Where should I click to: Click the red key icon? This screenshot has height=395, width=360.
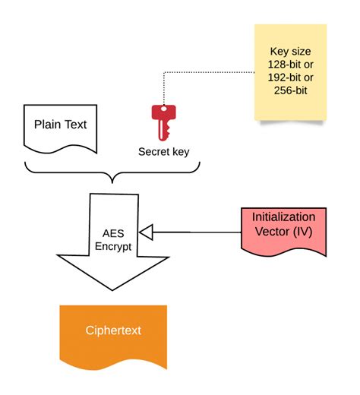click(162, 122)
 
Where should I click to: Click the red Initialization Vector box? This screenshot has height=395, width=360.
click(283, 231)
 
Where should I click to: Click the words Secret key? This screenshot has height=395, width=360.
click(163, 151)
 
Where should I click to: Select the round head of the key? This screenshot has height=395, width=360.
click(162, 112)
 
